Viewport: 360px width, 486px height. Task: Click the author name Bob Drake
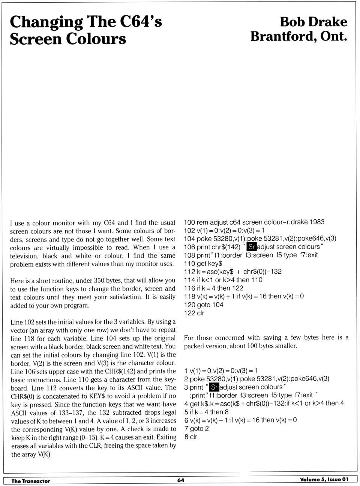(313, 22)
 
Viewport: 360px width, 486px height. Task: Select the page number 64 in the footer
(181, 480)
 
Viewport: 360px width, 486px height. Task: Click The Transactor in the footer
(31, 481)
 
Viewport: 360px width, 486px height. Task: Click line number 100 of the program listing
(189, 222)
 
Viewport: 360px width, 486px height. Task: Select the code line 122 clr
(194, 313)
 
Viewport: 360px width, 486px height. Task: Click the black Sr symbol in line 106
(252, 247)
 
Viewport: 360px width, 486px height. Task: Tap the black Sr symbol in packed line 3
(214, 387)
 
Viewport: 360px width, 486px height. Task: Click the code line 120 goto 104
(204, 305)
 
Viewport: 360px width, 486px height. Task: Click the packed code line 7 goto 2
(196, 429)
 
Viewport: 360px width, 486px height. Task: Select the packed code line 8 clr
(190, 437)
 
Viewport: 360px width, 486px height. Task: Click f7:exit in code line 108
(308, 255)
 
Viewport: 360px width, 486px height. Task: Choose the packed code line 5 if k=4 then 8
(206, 412)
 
